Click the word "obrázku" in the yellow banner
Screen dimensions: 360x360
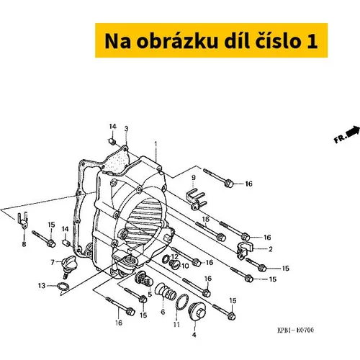(x=178, y=41)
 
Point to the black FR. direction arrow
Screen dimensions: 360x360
(x=353, y=132)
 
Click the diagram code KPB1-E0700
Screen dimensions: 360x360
(x=295, y=330)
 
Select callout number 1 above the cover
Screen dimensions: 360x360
(x=156, y=145)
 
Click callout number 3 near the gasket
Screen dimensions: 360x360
(x=127, y=129)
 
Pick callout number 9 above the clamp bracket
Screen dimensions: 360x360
(x=194, y=178)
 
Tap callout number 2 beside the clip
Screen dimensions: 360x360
(x=271, y=249)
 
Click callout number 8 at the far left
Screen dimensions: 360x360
(x=24, y=244)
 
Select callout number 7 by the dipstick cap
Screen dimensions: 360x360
(x=53, y=262)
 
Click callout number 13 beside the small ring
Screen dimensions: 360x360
(x=42, y=286)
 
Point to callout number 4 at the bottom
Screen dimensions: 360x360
(x=194, y=335)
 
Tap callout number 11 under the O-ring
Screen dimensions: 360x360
(x=176, y=325)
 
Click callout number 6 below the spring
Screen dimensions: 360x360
(x=163, y=312)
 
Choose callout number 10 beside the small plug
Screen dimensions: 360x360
(x=185, y=266)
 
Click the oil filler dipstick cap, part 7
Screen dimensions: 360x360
(x=68, y=266)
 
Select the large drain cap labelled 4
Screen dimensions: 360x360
(x=197, y=311)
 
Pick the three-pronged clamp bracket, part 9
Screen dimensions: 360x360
(x=197, y=199)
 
